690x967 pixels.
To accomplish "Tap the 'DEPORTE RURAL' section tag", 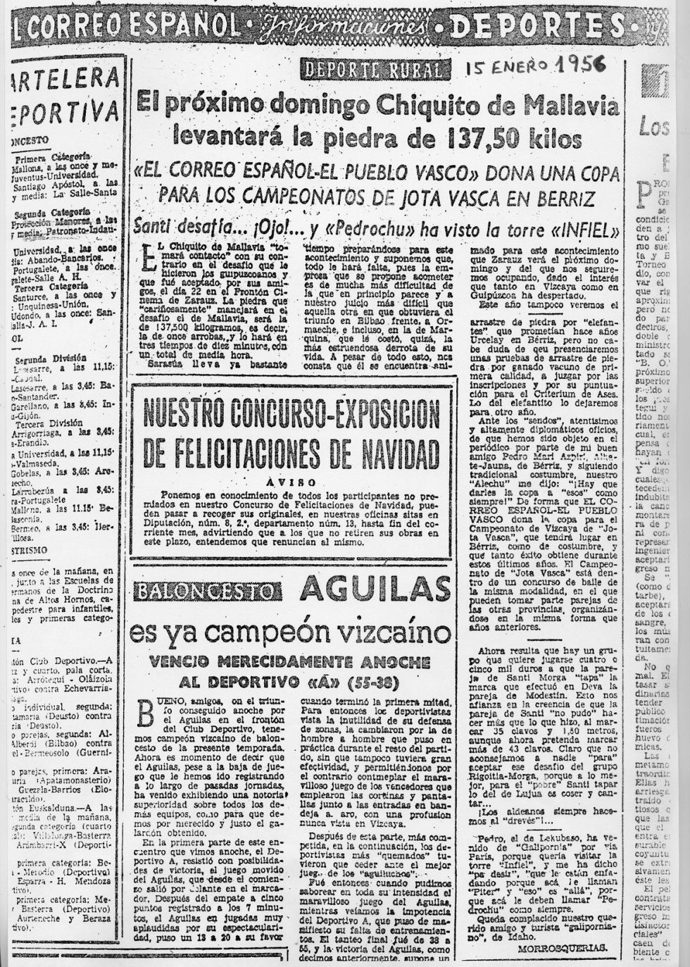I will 374,69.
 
